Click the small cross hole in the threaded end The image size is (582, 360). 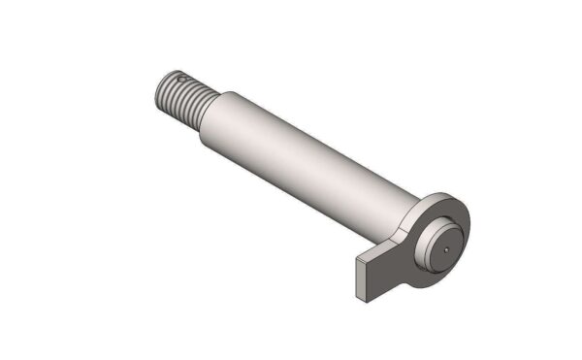tap(181, 79)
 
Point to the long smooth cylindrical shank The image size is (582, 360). tap(301, 155)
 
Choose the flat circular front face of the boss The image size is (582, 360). tap(442, 243)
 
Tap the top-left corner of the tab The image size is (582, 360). tap(357, 262)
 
